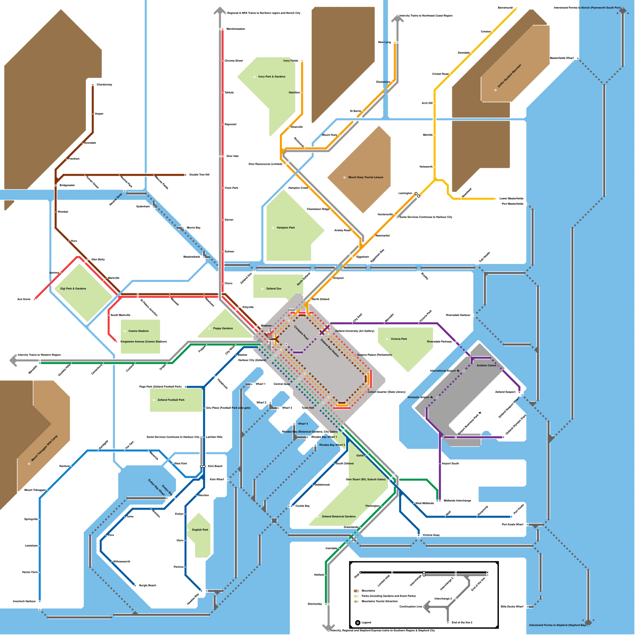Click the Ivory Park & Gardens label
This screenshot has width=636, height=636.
[x=271, y=77]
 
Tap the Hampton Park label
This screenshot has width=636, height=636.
[x=286, y=228]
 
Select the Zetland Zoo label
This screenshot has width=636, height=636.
[x=273, y=289]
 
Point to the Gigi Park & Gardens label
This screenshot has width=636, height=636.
[x=73, y=289]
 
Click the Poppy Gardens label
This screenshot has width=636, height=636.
[x=223, y=328]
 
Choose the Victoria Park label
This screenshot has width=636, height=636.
[x=399, y=339]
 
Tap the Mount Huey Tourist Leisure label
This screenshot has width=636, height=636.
[x=366, y=177]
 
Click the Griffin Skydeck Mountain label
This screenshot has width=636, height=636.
[x=509, y=76]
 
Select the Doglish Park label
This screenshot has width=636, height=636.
[x=200, y=529]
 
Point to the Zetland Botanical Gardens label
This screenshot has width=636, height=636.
[x=339, y=516]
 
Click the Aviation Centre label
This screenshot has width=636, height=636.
[x=487, y=365]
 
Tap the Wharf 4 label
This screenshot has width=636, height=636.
[x=303, y=424]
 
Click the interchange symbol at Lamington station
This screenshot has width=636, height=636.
[x=417, y=195]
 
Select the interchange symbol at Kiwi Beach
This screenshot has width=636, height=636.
[x=203, y=466]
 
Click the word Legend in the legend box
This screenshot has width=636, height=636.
[x=366, y=622]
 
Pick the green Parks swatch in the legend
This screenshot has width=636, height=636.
[x=357, y=596]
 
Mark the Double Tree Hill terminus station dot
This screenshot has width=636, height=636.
[x=185, y=175]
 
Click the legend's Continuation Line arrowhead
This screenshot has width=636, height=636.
[x=427, y=607]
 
